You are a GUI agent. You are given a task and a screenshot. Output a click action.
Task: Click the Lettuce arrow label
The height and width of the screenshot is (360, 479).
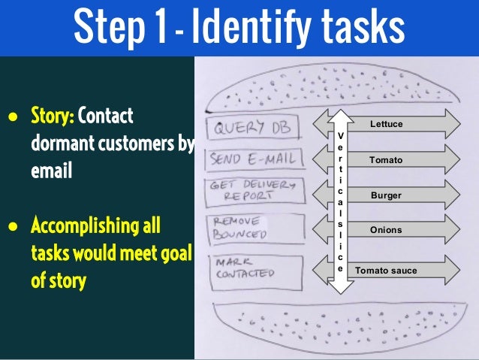click(387, 123)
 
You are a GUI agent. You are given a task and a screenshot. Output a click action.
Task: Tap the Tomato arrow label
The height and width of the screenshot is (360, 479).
click(386, 160)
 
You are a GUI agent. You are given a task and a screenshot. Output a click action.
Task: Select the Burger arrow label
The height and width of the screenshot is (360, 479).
click(386, 195)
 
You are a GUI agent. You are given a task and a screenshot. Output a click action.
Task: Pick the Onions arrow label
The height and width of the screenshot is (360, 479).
click(386, 230)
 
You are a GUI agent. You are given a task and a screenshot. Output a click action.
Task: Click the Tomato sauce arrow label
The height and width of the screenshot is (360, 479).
click(386, 270)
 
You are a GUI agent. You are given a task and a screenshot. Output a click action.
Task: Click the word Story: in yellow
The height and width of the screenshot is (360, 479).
click(52, 117)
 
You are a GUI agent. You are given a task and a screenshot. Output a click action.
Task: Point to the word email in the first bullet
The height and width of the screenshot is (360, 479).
click(52, 171)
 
